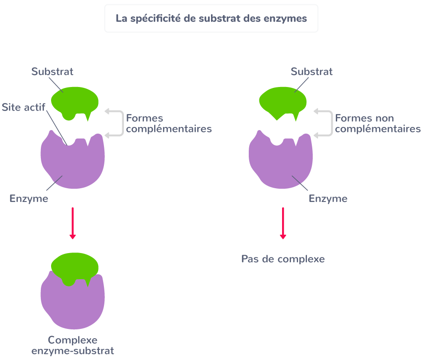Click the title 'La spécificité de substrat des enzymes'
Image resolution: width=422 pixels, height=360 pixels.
[x=211, y=19]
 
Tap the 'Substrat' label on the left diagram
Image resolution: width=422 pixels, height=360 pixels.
[x=52, y=72]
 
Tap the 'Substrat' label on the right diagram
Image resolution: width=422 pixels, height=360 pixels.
[x=311, y=72]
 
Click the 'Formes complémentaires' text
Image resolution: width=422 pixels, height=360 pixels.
[x=169, y=124]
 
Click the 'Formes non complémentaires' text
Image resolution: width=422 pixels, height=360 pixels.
[x=378, y=124]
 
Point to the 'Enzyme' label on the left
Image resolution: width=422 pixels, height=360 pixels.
[x=29, y=198]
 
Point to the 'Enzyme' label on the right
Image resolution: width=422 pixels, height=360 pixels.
[x=328, y=198]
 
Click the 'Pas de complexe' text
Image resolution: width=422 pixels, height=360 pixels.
[x=283, y=259]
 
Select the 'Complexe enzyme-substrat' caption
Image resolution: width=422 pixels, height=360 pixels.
[x=72, y=345]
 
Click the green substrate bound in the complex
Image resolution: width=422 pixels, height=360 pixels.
[x=74, y=266]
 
